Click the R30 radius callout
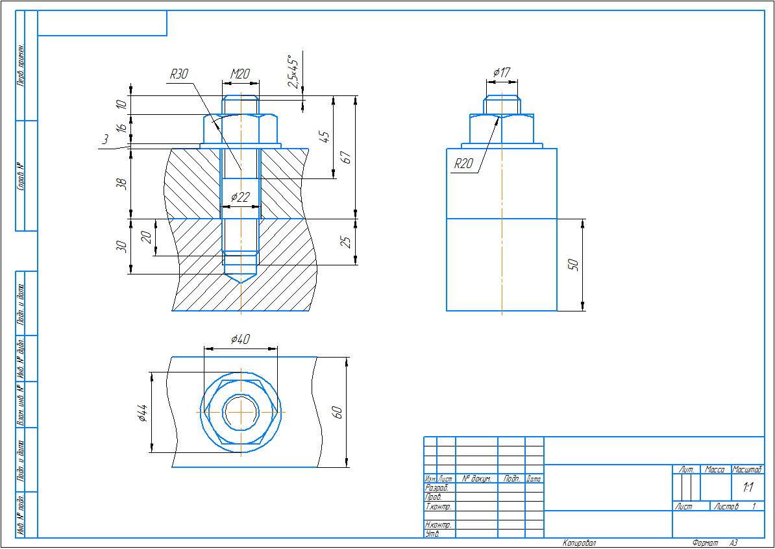click(178, 75)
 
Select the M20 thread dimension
click(240, 75)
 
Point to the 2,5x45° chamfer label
click(293, 71)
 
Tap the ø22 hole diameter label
click(240, 197)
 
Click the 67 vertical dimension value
click(347, 157)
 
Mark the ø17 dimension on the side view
click(501, 72)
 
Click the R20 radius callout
click(463, 164)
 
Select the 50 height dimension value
click(573, 265)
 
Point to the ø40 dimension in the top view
click(240, 339)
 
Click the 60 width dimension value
click(337, 412)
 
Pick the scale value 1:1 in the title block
click(748, 487)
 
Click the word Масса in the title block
click(715, 469)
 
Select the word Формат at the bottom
click(706, 543)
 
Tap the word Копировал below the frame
click(579, 543)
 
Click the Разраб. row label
click(436, 487)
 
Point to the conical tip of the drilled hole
click(240, 279)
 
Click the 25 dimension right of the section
click(347, 241)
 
